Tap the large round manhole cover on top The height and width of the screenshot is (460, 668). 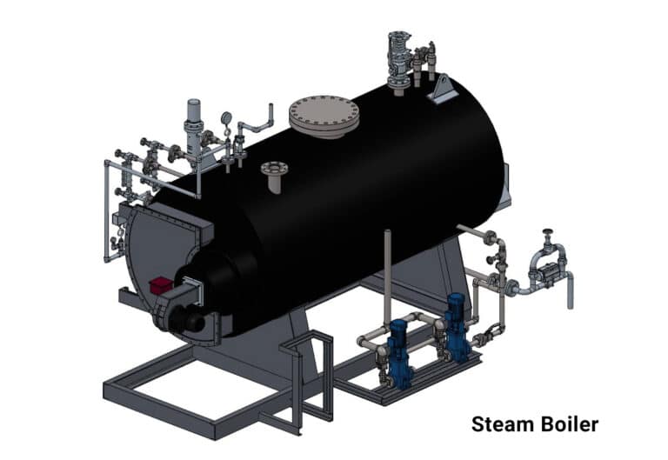[x=324, y=114]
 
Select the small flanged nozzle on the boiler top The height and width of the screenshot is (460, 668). [x=275, y=170]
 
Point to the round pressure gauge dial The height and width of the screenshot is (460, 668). [x=226, y=117]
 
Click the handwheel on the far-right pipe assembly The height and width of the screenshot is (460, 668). [x=548, y=233]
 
